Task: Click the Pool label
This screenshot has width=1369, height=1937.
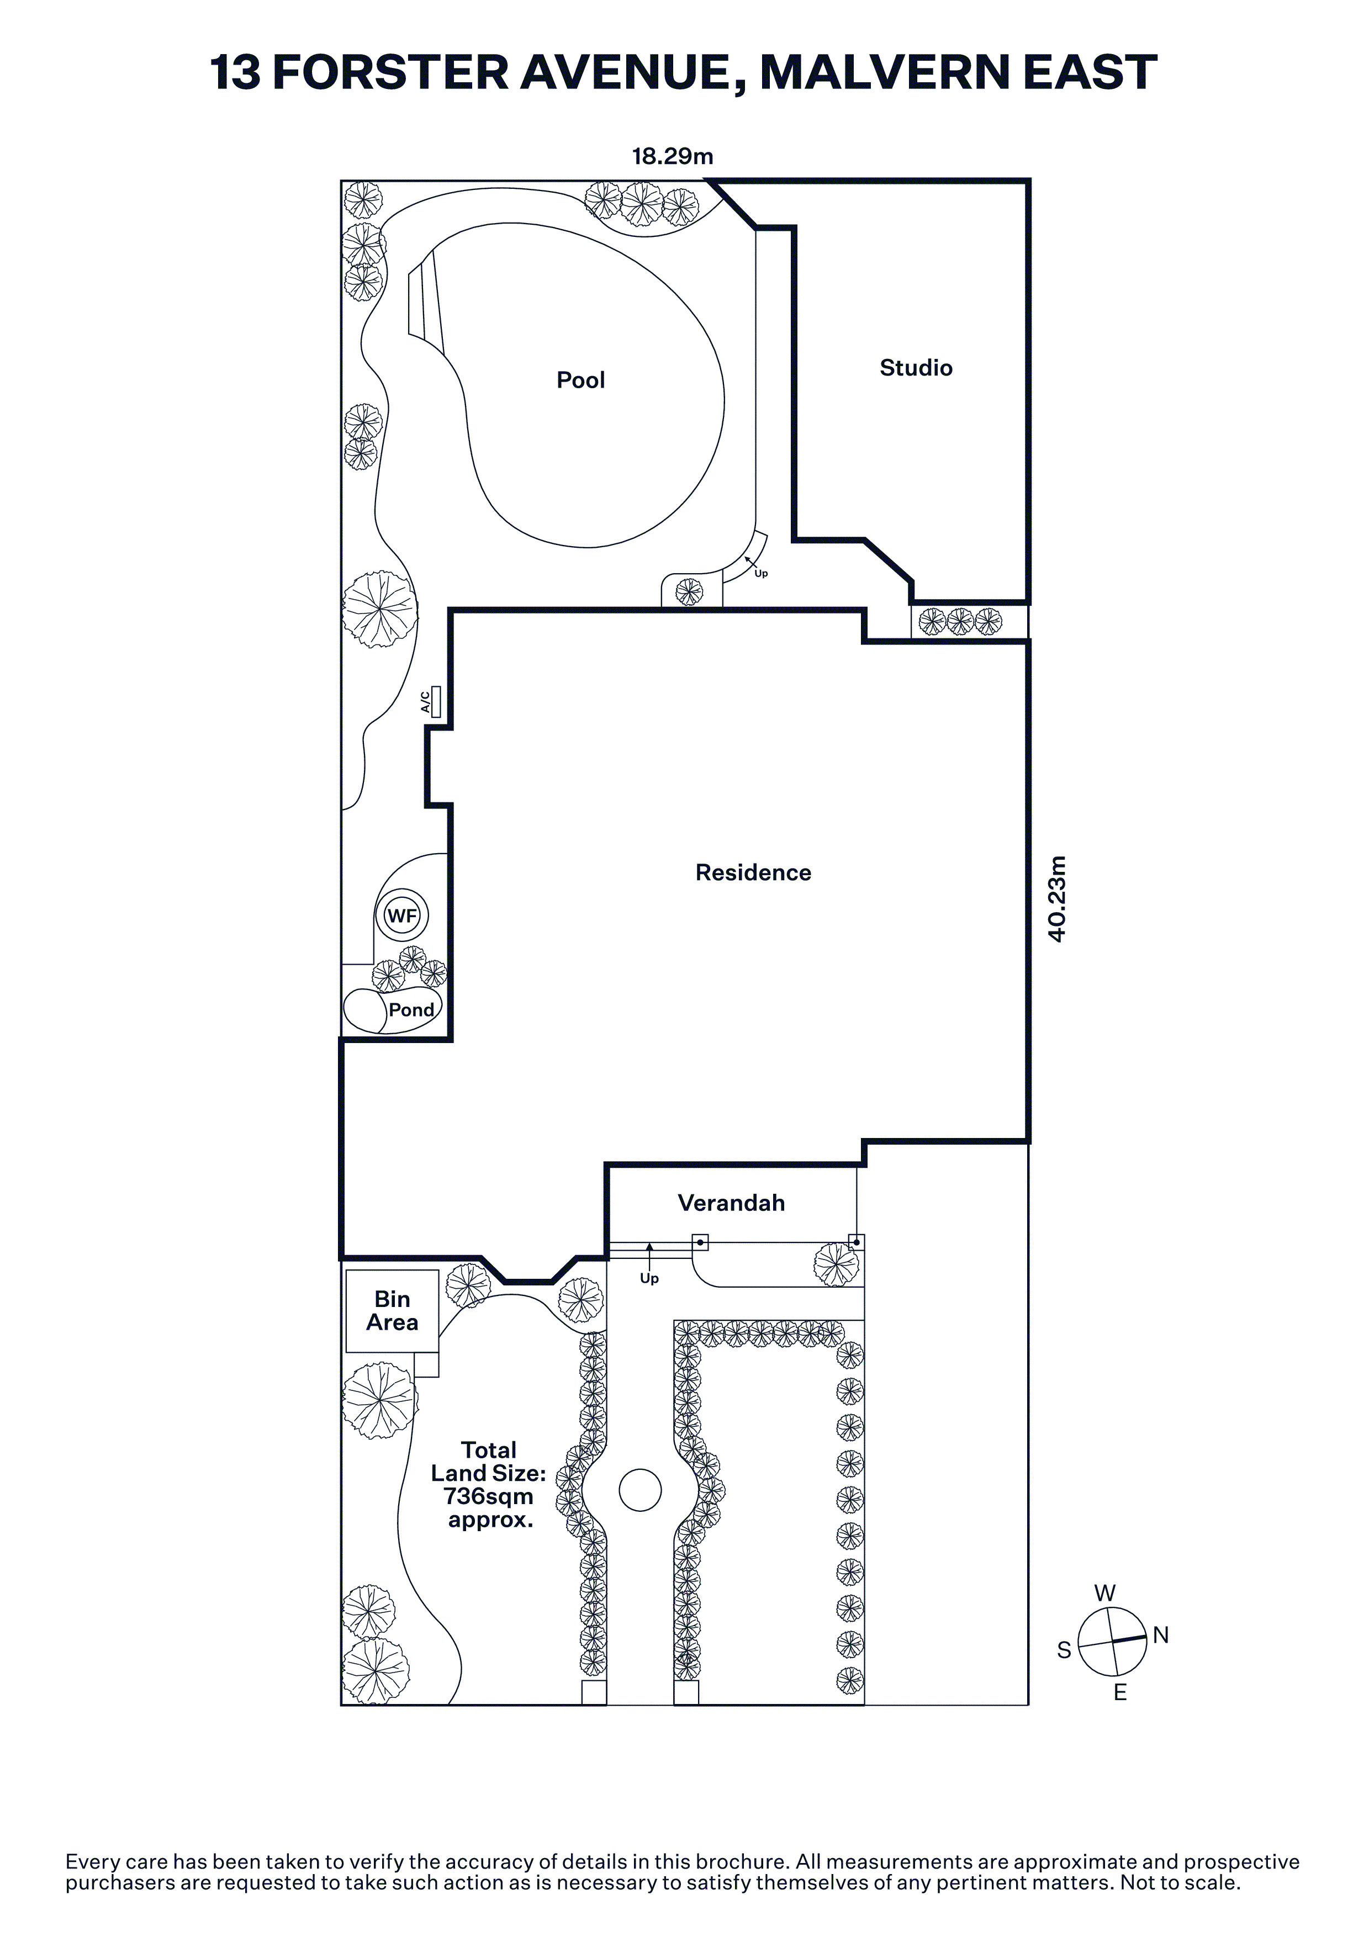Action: pos(580,380)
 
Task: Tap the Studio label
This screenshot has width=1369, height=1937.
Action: pos(916,368)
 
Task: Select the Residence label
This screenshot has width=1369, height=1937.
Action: pos(753,872)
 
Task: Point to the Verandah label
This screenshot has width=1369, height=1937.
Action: pos(731,1203)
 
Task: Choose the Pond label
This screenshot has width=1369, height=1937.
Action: pos(411,1010)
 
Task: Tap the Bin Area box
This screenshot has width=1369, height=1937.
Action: pos(392,1311)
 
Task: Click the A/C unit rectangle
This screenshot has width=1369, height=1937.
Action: pos(435,701)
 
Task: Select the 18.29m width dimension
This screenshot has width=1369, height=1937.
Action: pos(672,156)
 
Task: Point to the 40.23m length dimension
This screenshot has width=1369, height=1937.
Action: pos(1057,899)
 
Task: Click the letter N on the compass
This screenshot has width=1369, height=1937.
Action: pos(1161,1635)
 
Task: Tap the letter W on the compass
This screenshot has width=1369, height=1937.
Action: pos(1105,1593)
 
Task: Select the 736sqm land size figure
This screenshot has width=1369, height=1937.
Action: pos(488,1496)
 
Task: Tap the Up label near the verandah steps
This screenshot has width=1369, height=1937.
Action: pos(649,1278)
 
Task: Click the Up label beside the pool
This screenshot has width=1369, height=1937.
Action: pos(761,574)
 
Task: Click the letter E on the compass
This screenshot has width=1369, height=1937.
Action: pos(1120,1691)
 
